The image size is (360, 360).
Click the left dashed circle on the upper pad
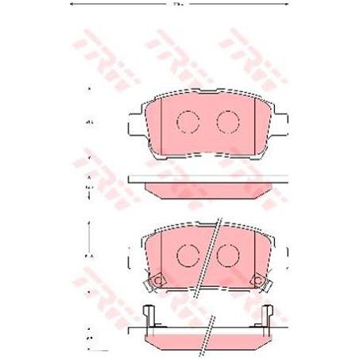tap(188, 122)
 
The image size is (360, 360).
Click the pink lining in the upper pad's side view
tap(208, 189)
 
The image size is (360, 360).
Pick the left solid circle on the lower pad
tap(188, 254)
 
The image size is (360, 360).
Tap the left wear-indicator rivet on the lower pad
tap(157, 280)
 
